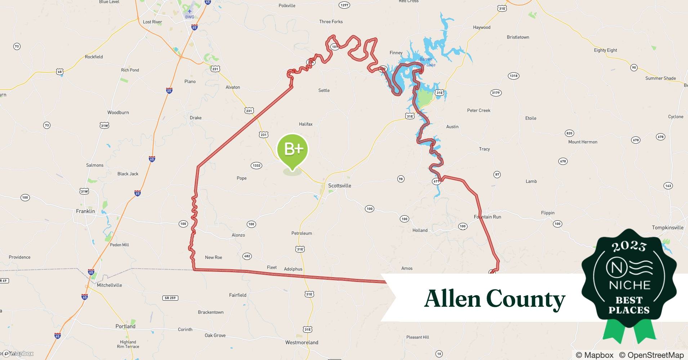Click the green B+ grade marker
point(292,150)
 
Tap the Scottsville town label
point(339,186)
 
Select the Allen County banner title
point(495,299)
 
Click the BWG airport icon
point(189,12)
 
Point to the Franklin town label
point(85,211)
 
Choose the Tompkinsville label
point(667,228)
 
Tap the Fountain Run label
point(487,217)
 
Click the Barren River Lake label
point(426,62)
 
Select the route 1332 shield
point(256,166)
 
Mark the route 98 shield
point(401,179)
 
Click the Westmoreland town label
point(301,343)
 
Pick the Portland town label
point(125,327)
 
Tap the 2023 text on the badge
point(629,247)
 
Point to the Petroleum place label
point(301,233)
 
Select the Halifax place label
point(305,124)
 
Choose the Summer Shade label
point(660,78)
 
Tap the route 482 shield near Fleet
point(247,256)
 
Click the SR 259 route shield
point(170,298)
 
